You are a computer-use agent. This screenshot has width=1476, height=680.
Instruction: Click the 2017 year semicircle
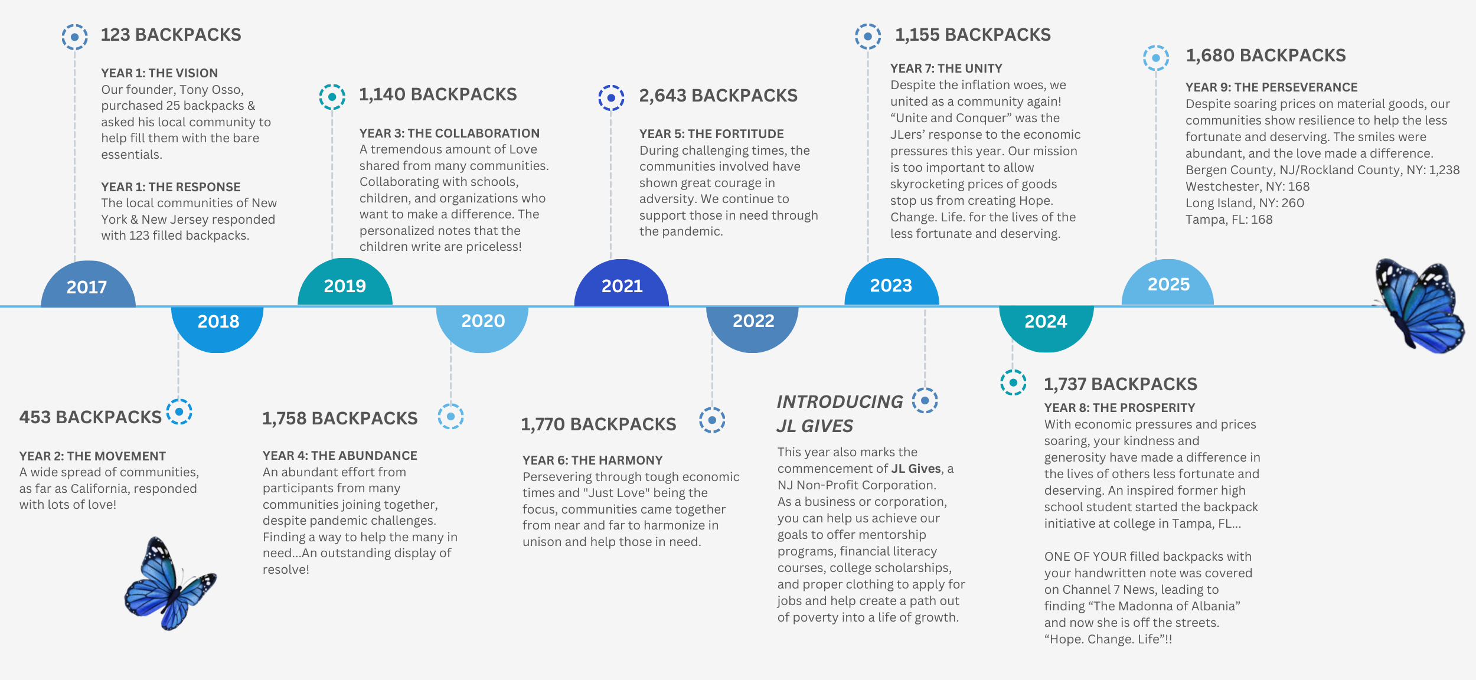(87, 286)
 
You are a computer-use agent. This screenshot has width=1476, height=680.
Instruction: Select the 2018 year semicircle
(218, 323)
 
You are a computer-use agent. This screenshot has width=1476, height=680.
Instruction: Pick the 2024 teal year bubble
(1046, 323)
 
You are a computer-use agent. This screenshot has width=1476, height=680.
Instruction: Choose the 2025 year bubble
(1168, 285)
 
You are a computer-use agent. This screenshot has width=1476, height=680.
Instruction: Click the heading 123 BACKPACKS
(171, 35)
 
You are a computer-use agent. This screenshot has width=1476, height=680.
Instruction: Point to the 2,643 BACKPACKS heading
(718, 96)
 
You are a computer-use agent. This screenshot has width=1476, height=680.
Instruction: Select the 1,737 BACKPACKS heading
(1120, 384)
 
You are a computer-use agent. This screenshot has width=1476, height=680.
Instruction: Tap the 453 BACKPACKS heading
(90, 417)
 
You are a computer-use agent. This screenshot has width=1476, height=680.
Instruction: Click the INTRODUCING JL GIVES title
(839, 413)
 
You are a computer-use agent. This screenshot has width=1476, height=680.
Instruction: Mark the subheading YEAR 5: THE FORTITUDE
(711, 134)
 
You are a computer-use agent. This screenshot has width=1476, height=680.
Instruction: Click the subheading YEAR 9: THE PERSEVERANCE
(1271, 87)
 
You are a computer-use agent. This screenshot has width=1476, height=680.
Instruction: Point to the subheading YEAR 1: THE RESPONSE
(171, 187)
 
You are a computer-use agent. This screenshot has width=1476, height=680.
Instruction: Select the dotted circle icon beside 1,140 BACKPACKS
(332, 97)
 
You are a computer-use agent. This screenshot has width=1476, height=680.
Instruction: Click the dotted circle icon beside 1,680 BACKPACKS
(1155, 58)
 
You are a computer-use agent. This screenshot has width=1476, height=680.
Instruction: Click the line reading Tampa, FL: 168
(1229, 220)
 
